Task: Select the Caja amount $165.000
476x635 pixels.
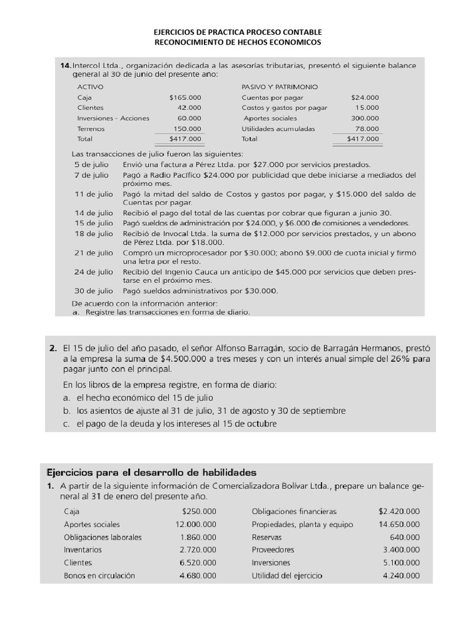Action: tap(185, 97)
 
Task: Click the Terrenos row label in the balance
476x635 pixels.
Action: tap(91, 129)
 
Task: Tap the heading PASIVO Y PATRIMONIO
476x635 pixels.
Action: tap(280, 87)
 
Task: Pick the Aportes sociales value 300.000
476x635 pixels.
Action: tap(365, 118)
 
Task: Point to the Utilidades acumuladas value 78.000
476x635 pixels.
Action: tap(368, 129)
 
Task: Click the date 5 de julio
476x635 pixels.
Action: tap(91, 164)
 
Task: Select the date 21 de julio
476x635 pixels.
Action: tap(94, 252)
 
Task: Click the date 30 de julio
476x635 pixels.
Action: tap(94, 291)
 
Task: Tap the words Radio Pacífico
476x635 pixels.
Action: tap(167, 175)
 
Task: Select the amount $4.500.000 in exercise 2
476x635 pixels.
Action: tap(183, 359)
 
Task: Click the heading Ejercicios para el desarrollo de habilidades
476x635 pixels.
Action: tap(152, 472)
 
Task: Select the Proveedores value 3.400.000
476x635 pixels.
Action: tap(401, 549)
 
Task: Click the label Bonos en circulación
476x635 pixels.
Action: tap(99, 575)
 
